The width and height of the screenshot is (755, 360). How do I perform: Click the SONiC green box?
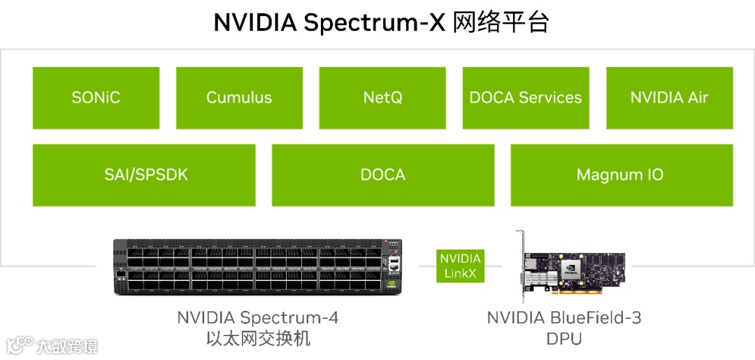(x=96, y=98)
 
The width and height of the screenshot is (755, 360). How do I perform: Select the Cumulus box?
(x=239, y=98)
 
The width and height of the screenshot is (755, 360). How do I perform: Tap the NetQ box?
(x=382, y=98)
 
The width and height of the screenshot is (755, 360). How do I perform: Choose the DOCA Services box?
(x=526, y=98)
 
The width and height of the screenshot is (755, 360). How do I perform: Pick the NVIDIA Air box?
(x=669, y=98)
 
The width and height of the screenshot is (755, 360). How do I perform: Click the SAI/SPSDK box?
(x=144, y=175)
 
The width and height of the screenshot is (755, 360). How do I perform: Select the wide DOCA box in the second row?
(x=382, y=175)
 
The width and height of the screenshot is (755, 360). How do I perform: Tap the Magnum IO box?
(x=621, y=175)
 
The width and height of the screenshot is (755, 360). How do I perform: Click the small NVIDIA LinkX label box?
(x=460, y=266)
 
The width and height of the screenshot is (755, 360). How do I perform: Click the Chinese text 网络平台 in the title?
(x=501, y=22)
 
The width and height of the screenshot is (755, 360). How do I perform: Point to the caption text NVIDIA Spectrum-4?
(x=257, y=318)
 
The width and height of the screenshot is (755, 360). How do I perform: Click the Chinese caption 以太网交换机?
(x=257, y=339)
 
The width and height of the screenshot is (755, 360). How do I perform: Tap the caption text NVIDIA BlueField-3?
(x=563, y=318)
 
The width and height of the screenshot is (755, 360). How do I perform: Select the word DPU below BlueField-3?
(x=563, y=339)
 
